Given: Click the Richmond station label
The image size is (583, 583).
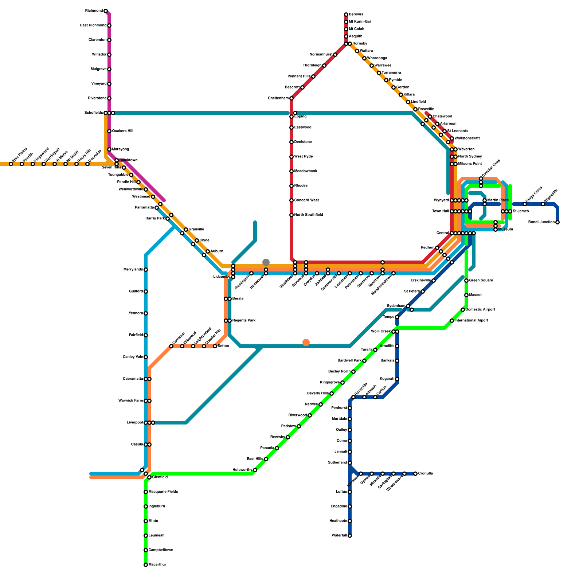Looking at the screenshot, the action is [x=94, y=11].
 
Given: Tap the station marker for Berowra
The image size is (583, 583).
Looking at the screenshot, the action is [x=346, y=15].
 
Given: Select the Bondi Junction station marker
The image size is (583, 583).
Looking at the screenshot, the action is [x=557, y=222].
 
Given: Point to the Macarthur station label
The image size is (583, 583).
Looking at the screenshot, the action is [x=157, y=565].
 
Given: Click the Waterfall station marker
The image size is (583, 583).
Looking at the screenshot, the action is [x=350, y=536].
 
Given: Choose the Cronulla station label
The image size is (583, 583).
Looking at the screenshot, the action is [x=425, y=474].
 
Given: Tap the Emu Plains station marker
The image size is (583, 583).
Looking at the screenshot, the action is [x=11, y=164].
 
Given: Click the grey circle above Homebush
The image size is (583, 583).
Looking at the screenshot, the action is [x=266, y=262].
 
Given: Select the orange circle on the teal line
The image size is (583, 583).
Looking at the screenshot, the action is [x=306, y=343].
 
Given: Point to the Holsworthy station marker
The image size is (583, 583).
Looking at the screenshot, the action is [x=255, y=470].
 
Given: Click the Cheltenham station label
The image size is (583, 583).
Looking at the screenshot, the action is [x=278, y=98].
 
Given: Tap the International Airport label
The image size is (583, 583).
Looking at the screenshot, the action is [x=471, y=321].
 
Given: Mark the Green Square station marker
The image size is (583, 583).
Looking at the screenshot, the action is [x=466, y=281].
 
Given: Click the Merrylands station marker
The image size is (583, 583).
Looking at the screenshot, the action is [x=146, y=270].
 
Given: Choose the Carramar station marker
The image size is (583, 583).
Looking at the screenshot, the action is [x=171, y=346].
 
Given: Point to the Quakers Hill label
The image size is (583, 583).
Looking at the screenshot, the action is [x=122, y=131].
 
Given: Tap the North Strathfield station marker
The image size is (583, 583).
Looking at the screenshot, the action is [x=291, y=215].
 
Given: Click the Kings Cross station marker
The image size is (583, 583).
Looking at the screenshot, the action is [x=525, y=204].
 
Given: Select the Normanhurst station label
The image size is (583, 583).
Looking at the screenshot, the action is [x=321, y=55].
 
